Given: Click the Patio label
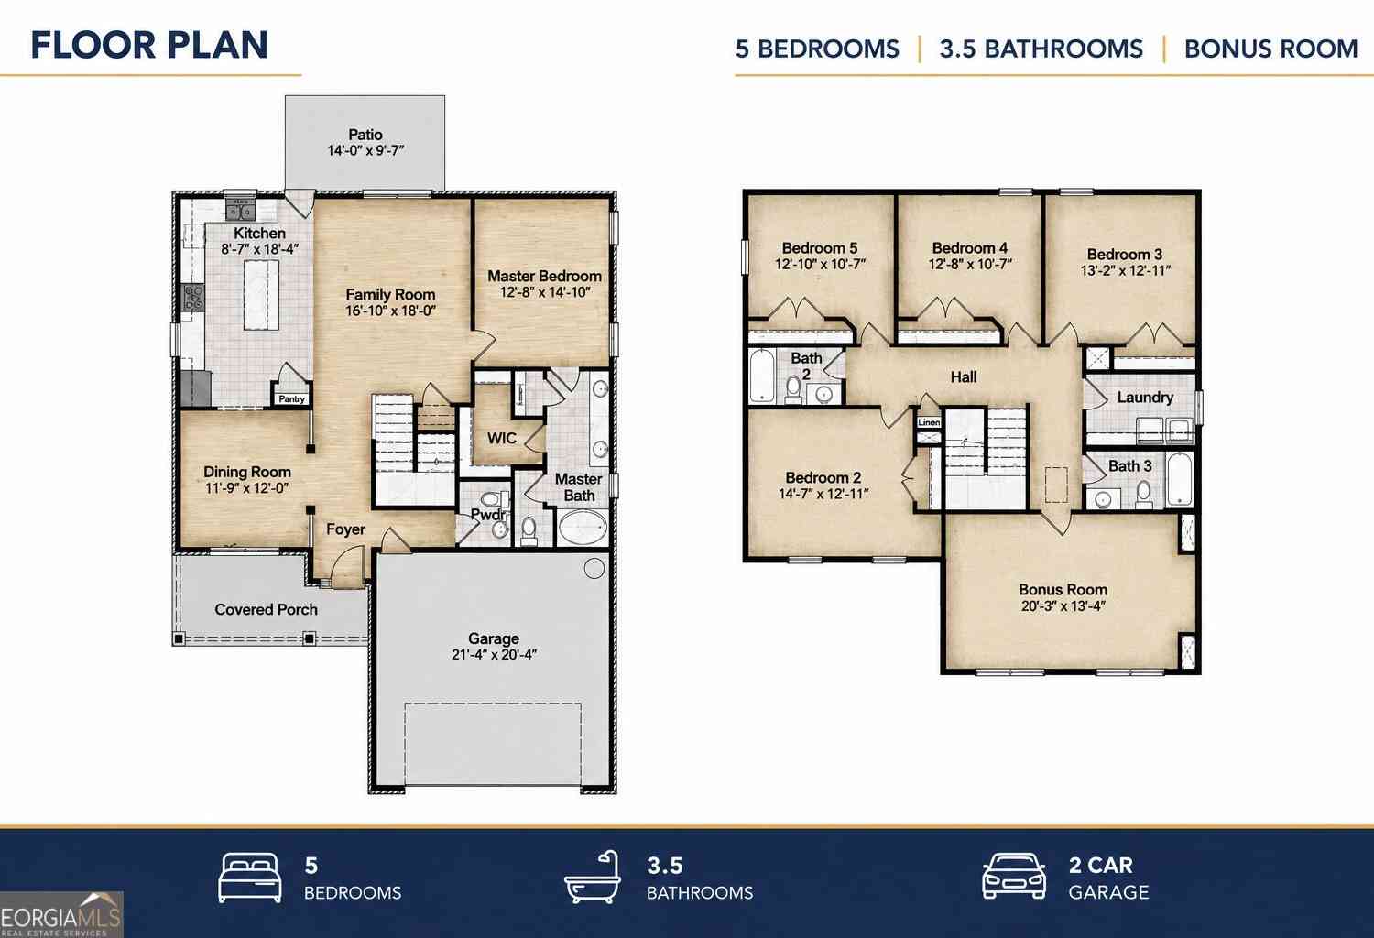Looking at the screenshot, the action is pyautogui.click(x=365, y=135).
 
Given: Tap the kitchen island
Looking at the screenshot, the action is pyautogui.click(x=261, y=295).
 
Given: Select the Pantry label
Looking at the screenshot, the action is pyautogui.click(x=291, y=398).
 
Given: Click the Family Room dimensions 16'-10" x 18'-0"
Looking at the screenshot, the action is pyautogui.click(x=391, y=311).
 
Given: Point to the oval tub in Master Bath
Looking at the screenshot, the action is pyautogui.click(x=582, y=528).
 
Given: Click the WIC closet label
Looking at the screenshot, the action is pyautogui.click(x=502, y=438).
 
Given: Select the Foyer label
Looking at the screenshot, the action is pyautogui.click(x=345, y=529).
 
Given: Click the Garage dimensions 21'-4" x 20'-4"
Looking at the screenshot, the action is pyautogui.click(x=494, y=655).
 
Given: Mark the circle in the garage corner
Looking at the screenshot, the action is pyautogui.click(x=594, y=569).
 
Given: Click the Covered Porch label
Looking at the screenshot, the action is pyautogui.click(x=267, y=609).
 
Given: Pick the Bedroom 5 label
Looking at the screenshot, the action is pyautogui.click(x=820, y=248).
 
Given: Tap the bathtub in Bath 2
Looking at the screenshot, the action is pyautogui.click(x=762, y=376).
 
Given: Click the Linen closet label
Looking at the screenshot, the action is pyautogui.click(x=929, y=422).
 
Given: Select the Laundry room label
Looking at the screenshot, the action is pyautogui.click(x=1145, y=398).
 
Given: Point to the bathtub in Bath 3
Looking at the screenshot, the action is pyautogui.click(x=1180, y=478).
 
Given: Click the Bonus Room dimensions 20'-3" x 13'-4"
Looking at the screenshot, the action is pyautogui.click(x=1063, y=606).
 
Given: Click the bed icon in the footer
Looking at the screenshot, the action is pyautogui.click(x=250, y=878).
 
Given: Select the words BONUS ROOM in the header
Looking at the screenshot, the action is pyautogui.click(x=1271, y=49).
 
